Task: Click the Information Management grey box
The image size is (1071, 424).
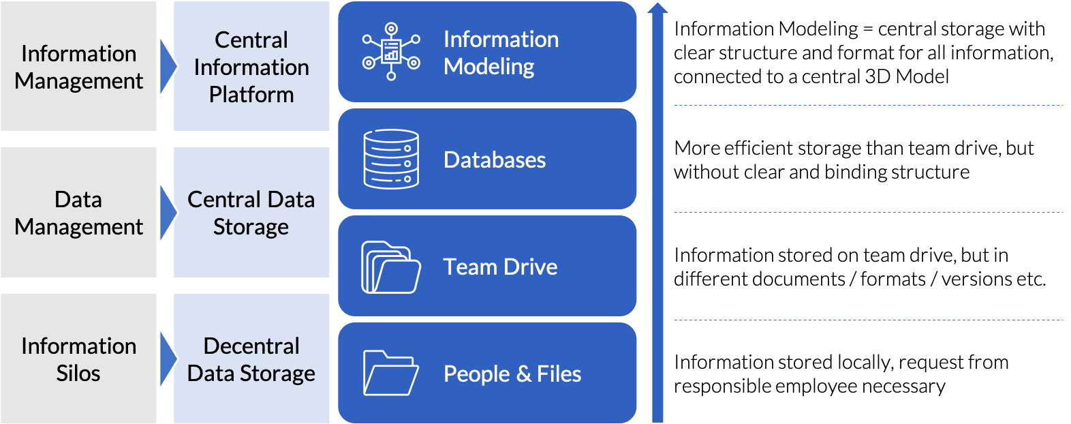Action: point(78,66)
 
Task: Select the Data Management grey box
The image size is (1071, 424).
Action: point(78,212)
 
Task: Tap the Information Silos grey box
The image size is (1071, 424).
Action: point(78,359)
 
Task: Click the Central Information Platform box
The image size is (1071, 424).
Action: point(251,66)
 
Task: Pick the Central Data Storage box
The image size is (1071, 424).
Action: point(251,212)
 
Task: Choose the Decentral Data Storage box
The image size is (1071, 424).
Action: point(251,359)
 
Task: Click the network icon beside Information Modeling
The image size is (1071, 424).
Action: point(391,52)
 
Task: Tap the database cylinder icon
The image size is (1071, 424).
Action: point(391,159)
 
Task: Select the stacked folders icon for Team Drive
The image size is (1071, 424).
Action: point(390,267)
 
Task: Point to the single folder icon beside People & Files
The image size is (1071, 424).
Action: point(390,373)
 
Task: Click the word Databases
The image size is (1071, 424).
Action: point(495,160)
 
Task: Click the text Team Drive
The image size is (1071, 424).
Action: point(500,267)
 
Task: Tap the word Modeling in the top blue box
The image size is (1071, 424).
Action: point(489,67)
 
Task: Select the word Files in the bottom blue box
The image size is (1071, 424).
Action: point(559,374)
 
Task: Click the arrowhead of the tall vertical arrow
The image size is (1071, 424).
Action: point(657,8)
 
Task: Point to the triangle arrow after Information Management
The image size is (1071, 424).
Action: point(166,66)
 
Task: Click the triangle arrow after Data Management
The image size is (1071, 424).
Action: point(166,212)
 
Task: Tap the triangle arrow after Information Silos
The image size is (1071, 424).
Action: point(166,359)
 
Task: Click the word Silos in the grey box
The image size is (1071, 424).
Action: point(78,374)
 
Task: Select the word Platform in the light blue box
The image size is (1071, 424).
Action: point(251,95)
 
